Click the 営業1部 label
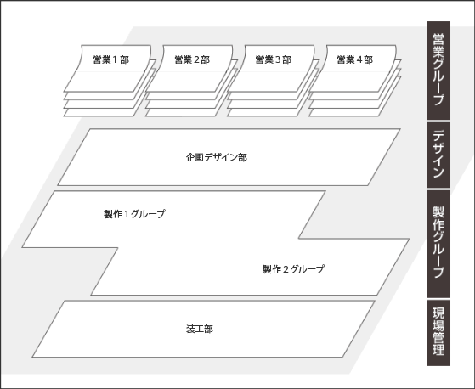[x=111, y=59]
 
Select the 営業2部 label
[x=192, y=59]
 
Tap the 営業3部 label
[x=274, y=59]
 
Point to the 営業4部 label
[x=355, y=59]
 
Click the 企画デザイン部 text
[x=217, y=157]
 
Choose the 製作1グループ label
[x=134, y=214]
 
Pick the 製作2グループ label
[x=293, y=269]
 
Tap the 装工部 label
[x=200, y=329]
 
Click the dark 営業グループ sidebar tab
[x=438, y=70]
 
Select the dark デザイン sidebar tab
[x=438, y=155]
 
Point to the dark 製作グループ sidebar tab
[x=438, y=244]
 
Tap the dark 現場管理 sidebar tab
[x=438, y=333]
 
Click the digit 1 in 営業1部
[x=115, y=60]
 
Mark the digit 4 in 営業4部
[x=359, y=60]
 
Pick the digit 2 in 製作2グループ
[x=286, y=269]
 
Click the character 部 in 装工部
[x=209, y=329]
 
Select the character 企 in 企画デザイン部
[x=190, y=157]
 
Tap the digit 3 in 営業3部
[x=278, y=60]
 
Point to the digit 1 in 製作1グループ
[x=127, y=214]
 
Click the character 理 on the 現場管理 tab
[x=438, y=349]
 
